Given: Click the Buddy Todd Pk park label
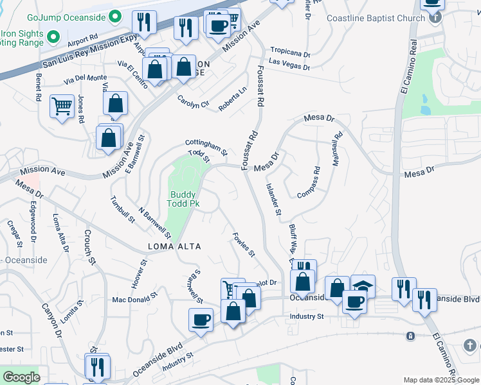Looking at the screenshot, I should click(x=183, y=199).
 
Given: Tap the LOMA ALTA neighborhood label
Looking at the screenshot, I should click(x=174, y=246).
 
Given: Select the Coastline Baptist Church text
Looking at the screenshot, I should click(x=376, y=18).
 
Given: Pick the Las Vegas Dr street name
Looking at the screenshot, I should click(x=289, y=64).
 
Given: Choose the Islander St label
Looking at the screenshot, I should click(x=274, y=199).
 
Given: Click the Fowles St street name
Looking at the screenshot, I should click(x=244, y=244).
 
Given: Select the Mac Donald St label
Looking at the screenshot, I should click(x=135, y=299).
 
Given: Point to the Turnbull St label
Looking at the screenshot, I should click(x=122, y=209).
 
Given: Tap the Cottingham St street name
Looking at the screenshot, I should click(x=206, y=148).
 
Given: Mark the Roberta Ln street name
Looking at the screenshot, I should click(x=232, y=99).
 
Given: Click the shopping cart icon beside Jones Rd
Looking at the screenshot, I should click(x=62, y=105).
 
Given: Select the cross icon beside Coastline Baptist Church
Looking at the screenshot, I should click(x=436, y=17).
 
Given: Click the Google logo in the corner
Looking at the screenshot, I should click(x=21, y=377).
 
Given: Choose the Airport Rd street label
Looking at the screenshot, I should click(x=82, y=42).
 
